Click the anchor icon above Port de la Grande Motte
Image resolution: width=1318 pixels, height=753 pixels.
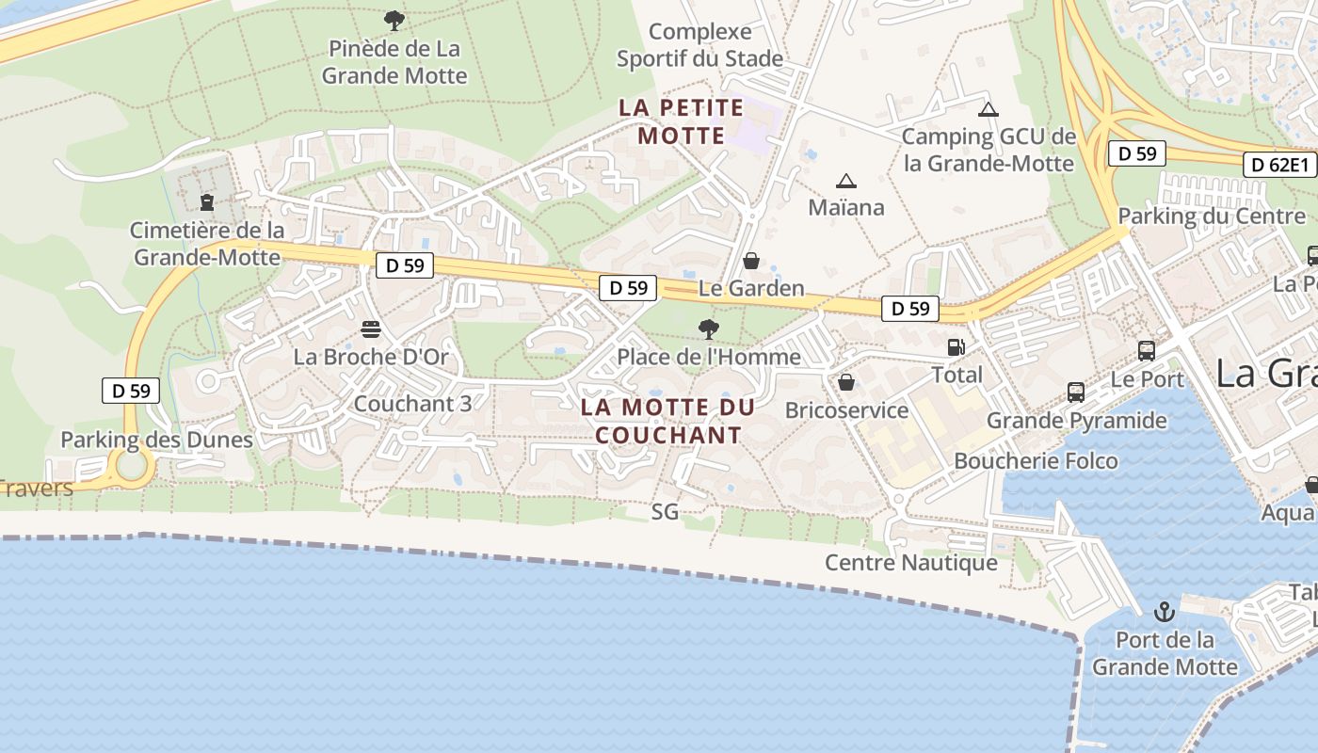(x=1165, y=613)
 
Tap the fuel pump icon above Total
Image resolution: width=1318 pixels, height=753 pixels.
(x=956, y=347)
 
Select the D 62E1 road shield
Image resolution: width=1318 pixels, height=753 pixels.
(x=1279, y=166)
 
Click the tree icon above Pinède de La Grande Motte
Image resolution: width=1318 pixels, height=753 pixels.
(x=394, y=20)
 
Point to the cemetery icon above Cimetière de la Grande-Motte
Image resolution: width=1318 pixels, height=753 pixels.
(x=207, y=201)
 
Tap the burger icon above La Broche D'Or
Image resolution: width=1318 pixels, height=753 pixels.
(x=371, y=329)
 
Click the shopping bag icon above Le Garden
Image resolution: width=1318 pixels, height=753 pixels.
(x=751, y=261)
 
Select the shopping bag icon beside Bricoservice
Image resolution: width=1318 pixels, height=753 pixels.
(x=846, y=382)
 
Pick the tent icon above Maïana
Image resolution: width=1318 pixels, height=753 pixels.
(x=845, y=181)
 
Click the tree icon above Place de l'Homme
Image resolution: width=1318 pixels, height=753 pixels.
(x=709, y=329)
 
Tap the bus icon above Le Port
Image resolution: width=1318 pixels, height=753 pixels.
(x=1147, y=351)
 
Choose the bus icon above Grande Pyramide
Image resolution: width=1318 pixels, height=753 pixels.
(x=1076, y=393)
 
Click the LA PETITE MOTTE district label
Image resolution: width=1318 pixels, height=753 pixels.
(x=682, y=121)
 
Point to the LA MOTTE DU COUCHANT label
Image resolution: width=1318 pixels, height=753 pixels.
(x=668, y=421)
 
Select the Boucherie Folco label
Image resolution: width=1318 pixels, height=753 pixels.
(x=1036, y=460)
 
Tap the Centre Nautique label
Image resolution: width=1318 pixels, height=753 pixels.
(x=910, y=562)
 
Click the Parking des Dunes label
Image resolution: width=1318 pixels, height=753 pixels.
(x=156, y=440)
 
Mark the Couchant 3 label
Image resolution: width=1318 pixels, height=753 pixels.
(x=412, y=403)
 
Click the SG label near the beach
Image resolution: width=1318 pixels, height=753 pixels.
(x=665, y=512)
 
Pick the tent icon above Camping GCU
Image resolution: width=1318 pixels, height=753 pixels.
(x=988, y=110)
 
